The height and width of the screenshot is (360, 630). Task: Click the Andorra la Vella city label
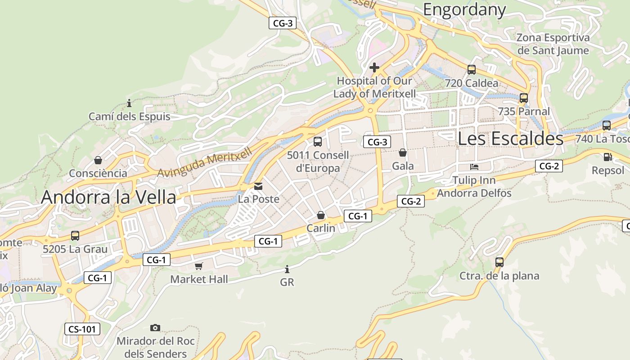pyautogui.click(x=108, y=197)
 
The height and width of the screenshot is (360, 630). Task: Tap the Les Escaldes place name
pyautogui.click(x=510, y=138)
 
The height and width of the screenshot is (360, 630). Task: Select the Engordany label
pyautogui.click(x=464, y=9)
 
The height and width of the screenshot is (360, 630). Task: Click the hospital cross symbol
pyautogui.click(x=374, y=68)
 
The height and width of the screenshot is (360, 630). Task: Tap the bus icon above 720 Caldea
pyautogui.click(x=472, y=70)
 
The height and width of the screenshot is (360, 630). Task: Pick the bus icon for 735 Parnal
pyautogui.click(x=523, y=98)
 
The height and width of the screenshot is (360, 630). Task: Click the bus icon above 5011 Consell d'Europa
pyautogui.click(x=318, y=142)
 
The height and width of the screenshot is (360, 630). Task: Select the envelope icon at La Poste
pyautogui.click(x=258, y=186)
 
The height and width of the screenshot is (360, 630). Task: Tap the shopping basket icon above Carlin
pyautogui.click(x=321, y=215)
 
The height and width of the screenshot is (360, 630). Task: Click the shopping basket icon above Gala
pyautogui.click(x=403, y=153)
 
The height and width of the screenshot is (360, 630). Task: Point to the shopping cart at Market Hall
pyautogui.click(x=199, y=266)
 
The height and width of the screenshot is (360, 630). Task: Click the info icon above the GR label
pyautogui.click(x=287, y=270)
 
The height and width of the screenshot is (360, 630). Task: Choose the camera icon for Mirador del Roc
pyautogui.click(x=155, y=328)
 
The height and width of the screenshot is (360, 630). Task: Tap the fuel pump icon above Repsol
pyautogui.click(x=607, y=157)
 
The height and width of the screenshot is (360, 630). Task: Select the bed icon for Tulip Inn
pyautogui.click(x=474, y=167)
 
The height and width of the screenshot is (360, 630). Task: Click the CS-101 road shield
pyautogui.click(x=82, y=329)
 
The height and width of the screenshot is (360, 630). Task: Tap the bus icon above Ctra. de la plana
pyautogui.click(x=499, y=262)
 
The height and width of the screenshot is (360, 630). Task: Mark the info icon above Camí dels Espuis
pyautogui.click(x=129, y=103)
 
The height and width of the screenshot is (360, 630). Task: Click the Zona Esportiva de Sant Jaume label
pyautogui.click(x=553, y=44)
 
